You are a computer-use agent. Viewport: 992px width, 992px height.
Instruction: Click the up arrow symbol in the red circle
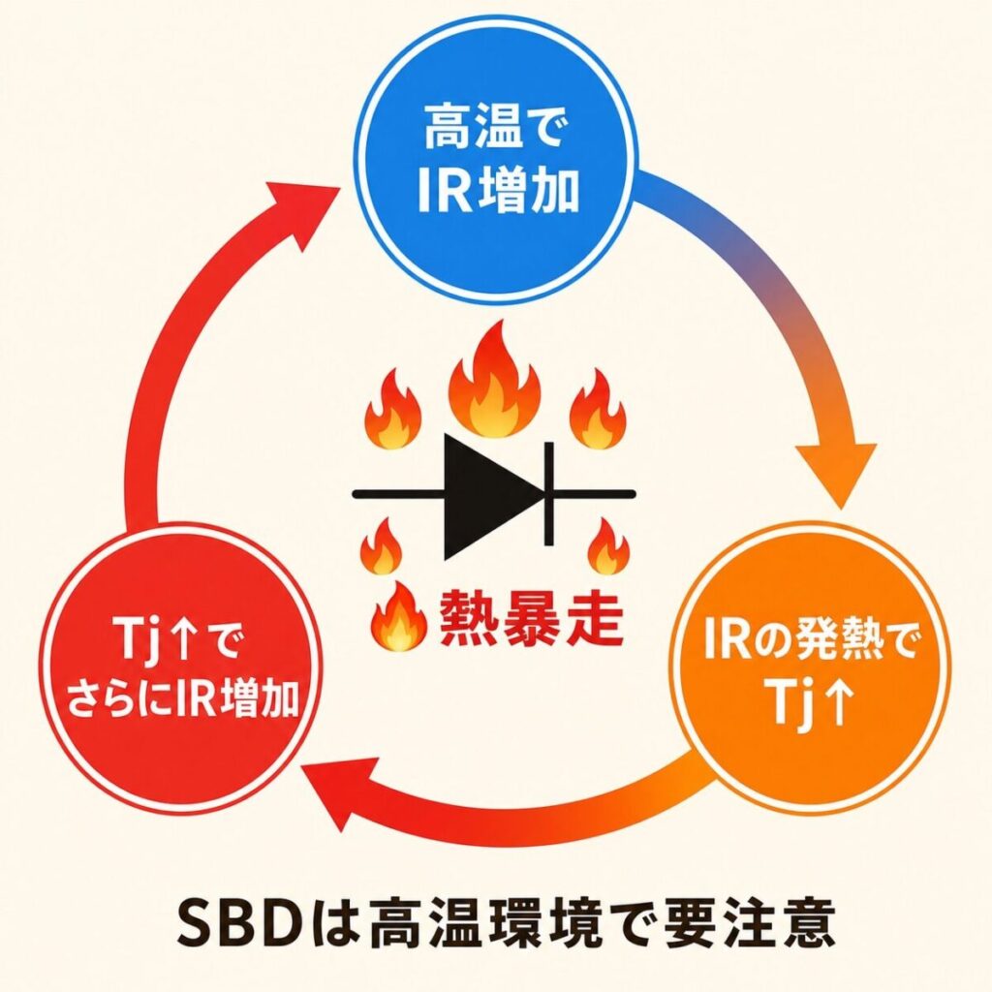[x=185, y=645]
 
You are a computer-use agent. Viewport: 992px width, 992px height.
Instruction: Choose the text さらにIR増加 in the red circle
[x=182, y=697]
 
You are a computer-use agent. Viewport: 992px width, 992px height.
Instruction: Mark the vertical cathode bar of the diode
[x=548, y=493]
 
